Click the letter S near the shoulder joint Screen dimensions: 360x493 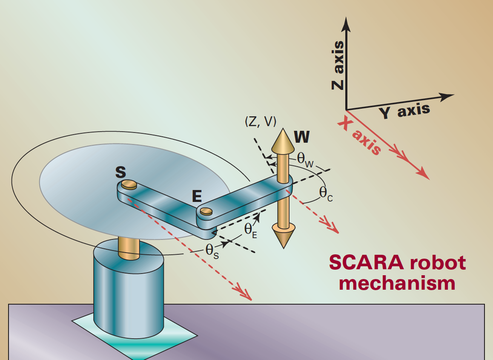(x=121, y=172)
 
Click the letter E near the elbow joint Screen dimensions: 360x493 (x=196, y=196)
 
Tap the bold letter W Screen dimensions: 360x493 (x=301, y=137)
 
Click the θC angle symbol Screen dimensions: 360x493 (x=326, y=193)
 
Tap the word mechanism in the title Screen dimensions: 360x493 (x=397, y=283)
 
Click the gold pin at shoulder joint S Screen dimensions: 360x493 (x=128, y=184)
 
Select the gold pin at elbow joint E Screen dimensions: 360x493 (x=206, y=211)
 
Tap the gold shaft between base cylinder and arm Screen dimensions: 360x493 (x=129, y=247)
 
